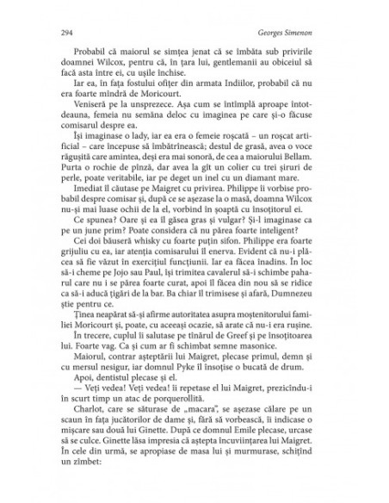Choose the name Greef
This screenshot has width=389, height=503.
point(224,361)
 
